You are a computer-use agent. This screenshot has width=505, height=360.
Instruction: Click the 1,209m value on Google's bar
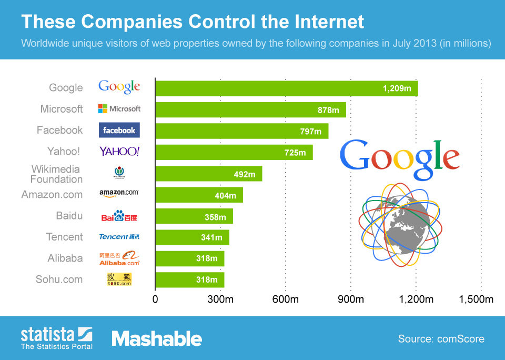tap(397, 88)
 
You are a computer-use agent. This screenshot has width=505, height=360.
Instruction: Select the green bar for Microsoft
tap(250, 109)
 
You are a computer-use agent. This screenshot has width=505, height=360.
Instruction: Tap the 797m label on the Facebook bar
tap(310, 131)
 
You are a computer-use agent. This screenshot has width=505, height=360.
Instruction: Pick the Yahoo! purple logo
tap(119, 152)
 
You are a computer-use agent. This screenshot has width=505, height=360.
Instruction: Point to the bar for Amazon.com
tap(199, 195)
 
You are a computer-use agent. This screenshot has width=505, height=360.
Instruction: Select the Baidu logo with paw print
tap(119, 216)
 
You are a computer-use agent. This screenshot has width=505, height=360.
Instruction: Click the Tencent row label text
tap(64, 237)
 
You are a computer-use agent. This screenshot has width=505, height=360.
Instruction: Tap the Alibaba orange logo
tap(119, 258)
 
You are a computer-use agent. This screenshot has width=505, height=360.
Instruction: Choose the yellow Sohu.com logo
tap(119, 279)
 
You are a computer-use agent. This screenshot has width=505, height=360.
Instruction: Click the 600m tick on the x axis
tap(286, 300)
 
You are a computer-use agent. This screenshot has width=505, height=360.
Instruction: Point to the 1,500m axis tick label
tap(476, 300)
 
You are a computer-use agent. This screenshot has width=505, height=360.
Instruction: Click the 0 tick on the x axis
tap(155, 300)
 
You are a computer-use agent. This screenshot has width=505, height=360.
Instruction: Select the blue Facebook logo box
tap(119, 130)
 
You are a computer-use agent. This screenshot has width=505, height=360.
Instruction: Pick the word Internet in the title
tap(322, 22)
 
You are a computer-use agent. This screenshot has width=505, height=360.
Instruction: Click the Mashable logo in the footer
tap(157, 338)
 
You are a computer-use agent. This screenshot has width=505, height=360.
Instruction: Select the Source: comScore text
tap(441, 339)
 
